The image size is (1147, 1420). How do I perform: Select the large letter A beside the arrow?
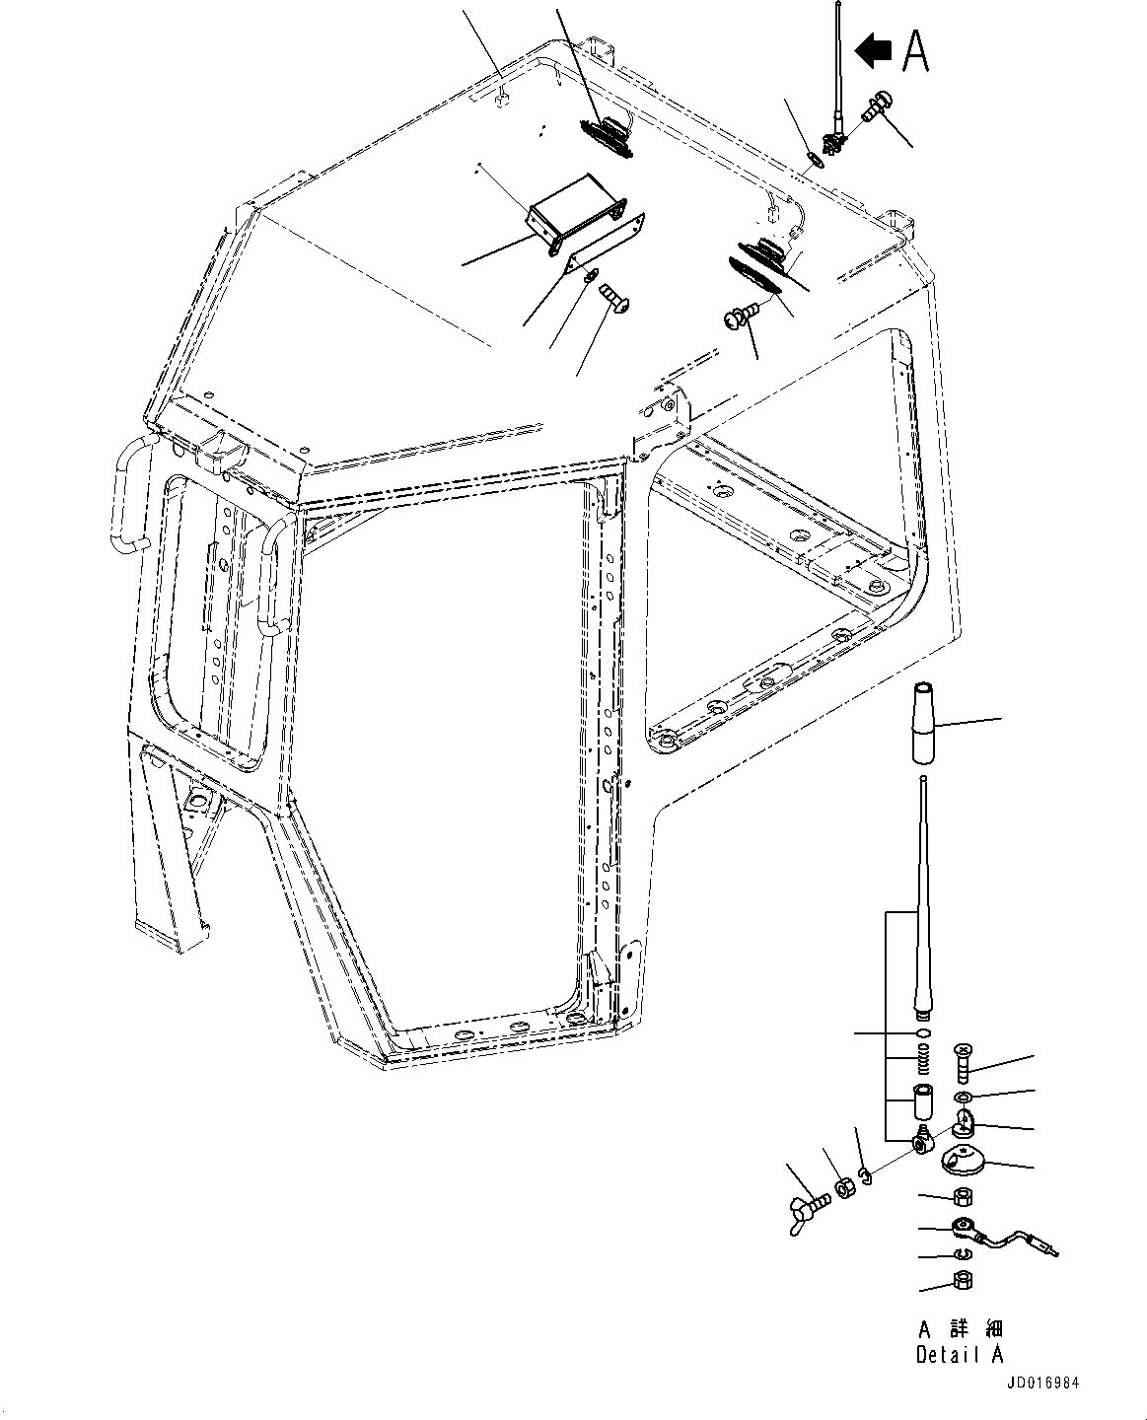point(915,51)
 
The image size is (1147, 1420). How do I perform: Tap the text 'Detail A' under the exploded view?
point(959,1355)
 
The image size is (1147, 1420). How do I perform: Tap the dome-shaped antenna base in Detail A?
point(963,1162)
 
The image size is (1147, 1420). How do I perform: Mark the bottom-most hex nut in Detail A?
point(963,1282)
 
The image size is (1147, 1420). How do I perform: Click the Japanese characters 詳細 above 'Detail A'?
point(969,1329)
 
